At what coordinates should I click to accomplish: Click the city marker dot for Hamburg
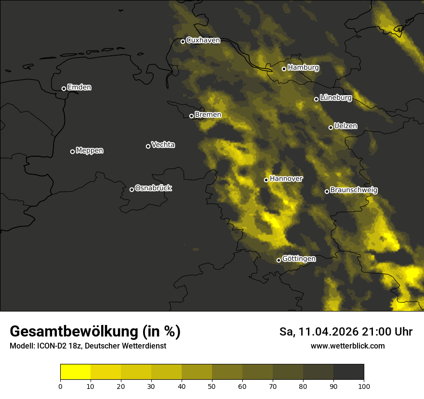tap(284, 69)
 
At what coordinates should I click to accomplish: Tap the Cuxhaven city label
tap(203, 40)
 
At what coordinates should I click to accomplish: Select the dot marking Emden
tap(64, 88)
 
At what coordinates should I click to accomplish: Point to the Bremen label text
tap(208, 115)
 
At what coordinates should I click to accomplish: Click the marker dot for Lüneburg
tap(316, 99)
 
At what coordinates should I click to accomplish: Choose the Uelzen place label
tap(345, 126)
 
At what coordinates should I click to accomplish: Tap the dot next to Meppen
tap(72, 151)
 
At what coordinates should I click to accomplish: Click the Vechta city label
tap(163, 145)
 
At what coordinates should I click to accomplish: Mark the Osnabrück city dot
tap(132, 189)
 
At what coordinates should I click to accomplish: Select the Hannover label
tap(286, 179)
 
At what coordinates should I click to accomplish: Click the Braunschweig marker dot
tap(327, 191)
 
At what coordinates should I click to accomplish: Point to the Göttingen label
tap(299, 259)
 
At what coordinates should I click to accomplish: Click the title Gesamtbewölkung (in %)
tap(95, 331)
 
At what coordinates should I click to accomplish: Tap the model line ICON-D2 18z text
tap(88, 346)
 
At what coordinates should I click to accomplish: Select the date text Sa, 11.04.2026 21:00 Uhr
tap(346, 332)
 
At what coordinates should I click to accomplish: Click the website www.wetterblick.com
tap(348, 346)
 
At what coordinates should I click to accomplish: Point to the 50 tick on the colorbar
tap(212, 386)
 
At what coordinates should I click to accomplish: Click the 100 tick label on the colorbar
tap(364, 386)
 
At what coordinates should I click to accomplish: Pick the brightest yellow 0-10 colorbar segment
tap(75, 372)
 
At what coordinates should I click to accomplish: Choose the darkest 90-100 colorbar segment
tap(348, 372)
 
